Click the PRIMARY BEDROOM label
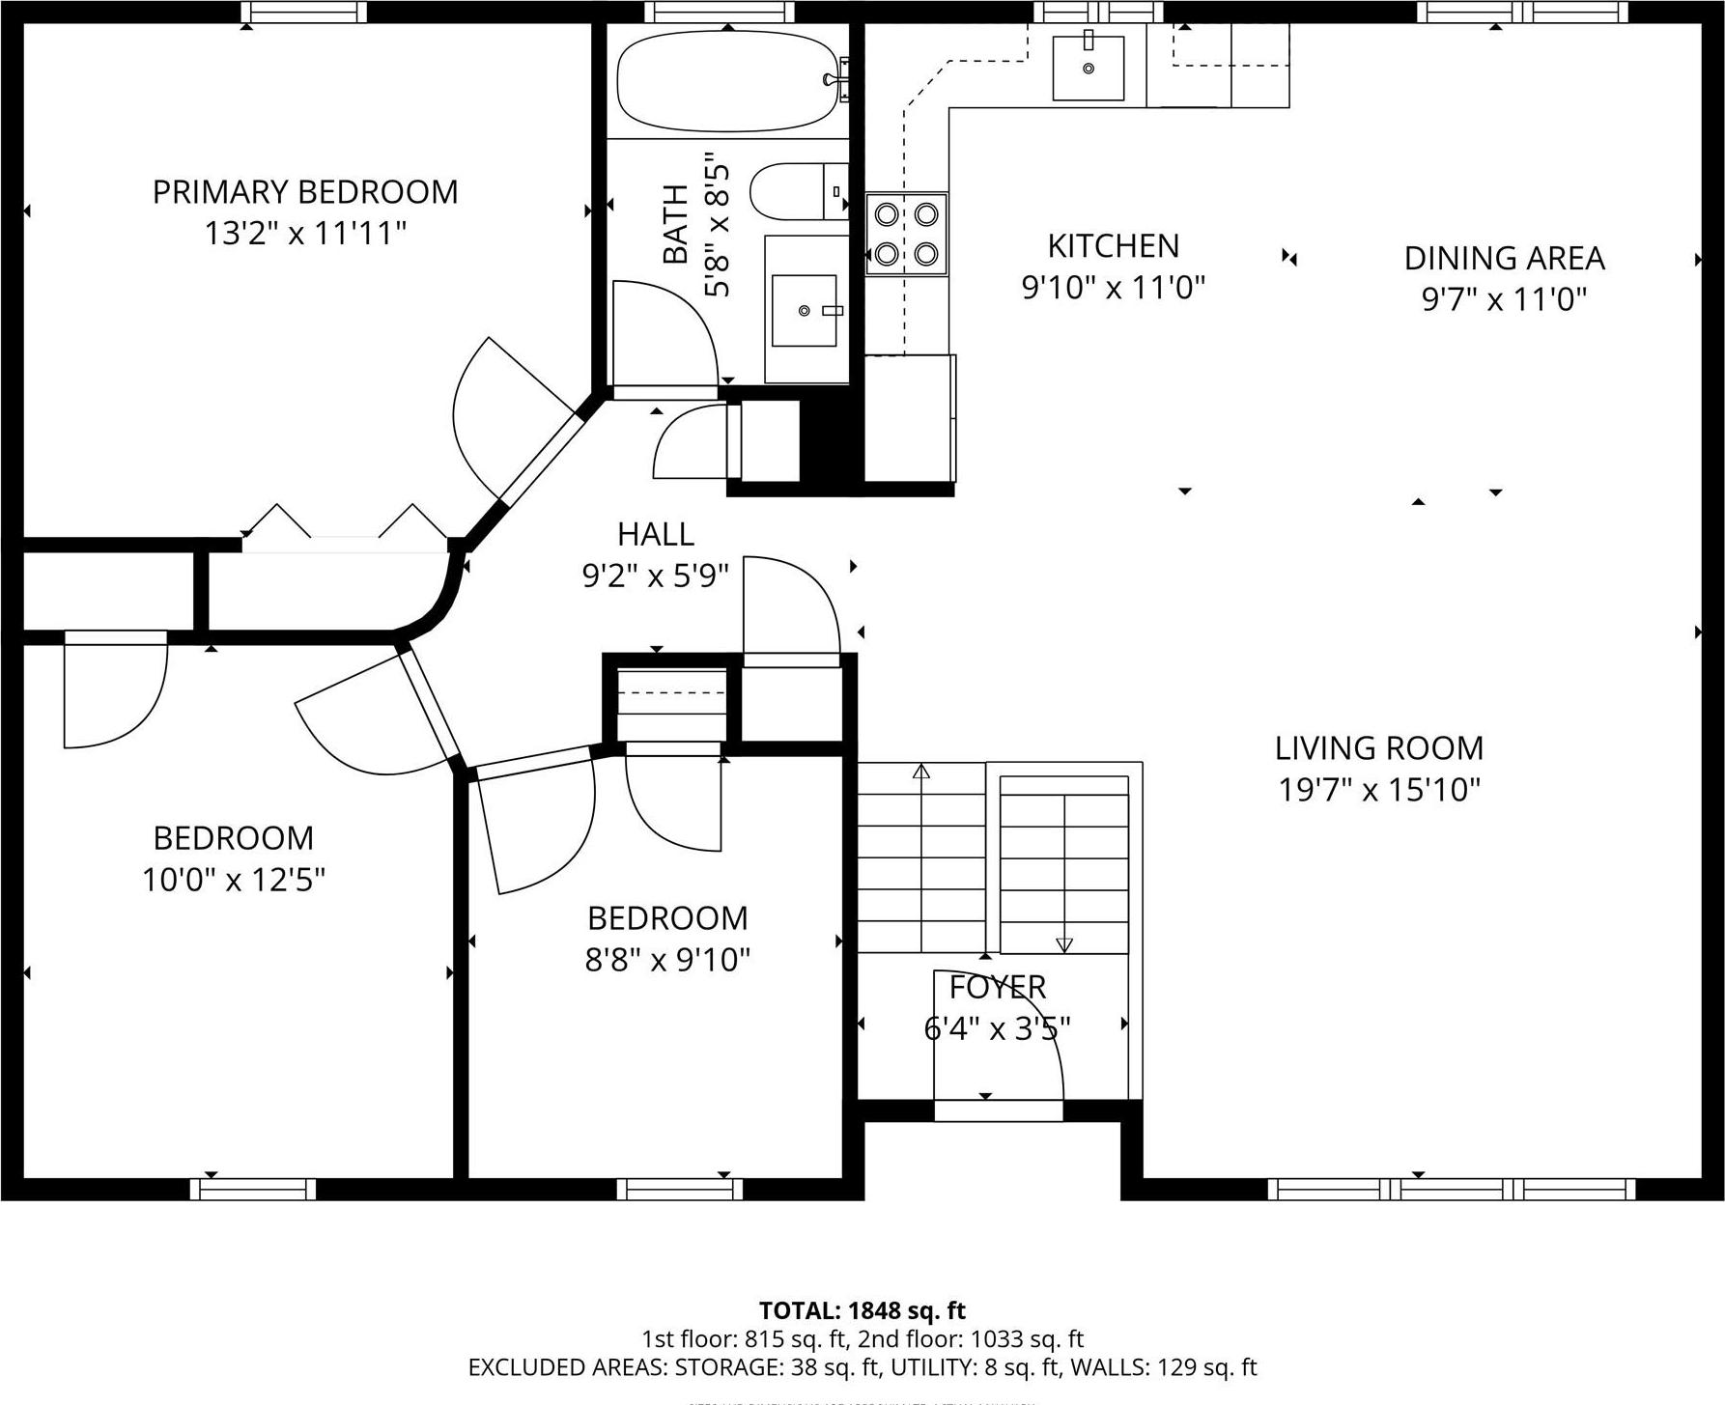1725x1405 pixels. [x=305, y=192]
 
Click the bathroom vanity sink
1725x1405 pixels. [x=804, y=310]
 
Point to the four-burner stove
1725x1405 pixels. [x=906, y=234]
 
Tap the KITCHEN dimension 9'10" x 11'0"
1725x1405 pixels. [x=1114, y=288]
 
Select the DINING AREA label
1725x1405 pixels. [x=1504, y=259]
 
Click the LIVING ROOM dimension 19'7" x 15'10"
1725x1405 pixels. [x=1379, y=791]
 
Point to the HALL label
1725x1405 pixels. [x=655, y=534]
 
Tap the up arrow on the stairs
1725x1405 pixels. [x=921, y=772]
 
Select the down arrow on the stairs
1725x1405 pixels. [x=1064, y=943]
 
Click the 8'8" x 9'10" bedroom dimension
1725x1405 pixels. [x=667, y=961]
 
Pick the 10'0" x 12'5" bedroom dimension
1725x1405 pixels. [x=233, y=881]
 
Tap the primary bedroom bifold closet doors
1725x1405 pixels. [x=345, y=526]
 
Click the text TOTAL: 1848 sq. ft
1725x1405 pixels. [x=862, y=1310]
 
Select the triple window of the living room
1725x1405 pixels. [x=1452, y=1189]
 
